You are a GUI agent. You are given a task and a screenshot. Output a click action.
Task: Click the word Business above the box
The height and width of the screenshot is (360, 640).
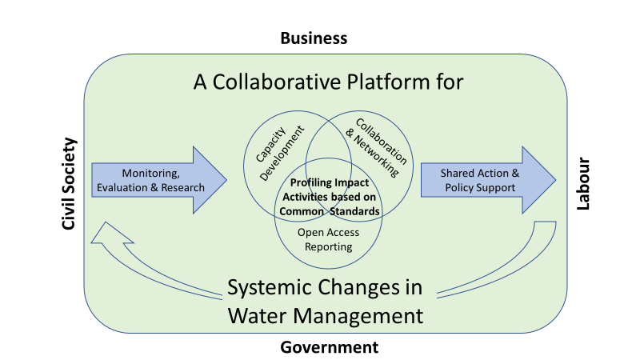pos(314,38)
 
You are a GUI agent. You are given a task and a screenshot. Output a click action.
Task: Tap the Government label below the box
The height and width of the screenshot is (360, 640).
pos(329,347)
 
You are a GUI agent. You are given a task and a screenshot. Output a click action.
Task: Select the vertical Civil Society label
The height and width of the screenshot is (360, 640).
pos(69,184)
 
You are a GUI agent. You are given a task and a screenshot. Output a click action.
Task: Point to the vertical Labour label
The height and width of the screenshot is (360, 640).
pos(583,184)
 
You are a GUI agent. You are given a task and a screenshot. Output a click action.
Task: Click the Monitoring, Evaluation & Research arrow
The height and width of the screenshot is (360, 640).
pos(158,180)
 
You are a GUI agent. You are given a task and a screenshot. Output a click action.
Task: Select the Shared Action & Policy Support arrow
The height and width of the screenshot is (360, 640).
pos(488,180)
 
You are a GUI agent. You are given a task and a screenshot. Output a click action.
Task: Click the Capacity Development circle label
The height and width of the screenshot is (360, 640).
pos(280,153)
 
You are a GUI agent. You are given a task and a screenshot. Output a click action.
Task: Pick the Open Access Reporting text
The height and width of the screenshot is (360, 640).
pos(328,239)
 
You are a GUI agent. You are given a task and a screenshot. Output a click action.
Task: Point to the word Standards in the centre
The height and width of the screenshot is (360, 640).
pos(354,211)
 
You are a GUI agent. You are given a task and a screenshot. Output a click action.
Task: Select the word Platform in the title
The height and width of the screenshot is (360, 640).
pos(388,82)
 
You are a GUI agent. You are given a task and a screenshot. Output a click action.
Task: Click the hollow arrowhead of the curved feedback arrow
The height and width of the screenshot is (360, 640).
pos(111,234)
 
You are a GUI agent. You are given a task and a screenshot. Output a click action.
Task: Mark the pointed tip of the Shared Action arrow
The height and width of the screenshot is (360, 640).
pos(556,180)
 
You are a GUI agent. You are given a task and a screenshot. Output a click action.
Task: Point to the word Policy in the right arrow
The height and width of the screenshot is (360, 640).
pos(458,188)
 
